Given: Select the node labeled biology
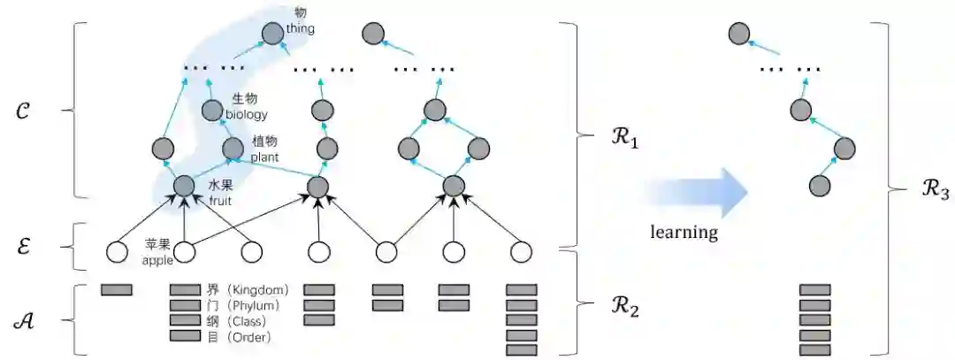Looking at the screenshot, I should (213, 111).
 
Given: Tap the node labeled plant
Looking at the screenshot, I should (233, 149).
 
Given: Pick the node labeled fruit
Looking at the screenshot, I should (184, 186).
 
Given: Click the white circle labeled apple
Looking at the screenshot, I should (184, 253).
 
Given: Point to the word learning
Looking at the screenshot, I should (684, 233).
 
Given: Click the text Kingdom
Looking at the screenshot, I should (262, 290).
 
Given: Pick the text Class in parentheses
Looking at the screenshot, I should (252, 321).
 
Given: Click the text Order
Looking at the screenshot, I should (252, 337).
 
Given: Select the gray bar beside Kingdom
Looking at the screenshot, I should (185, 289).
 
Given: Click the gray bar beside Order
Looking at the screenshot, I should (185, 336).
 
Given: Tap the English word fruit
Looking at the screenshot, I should (219, 201).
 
